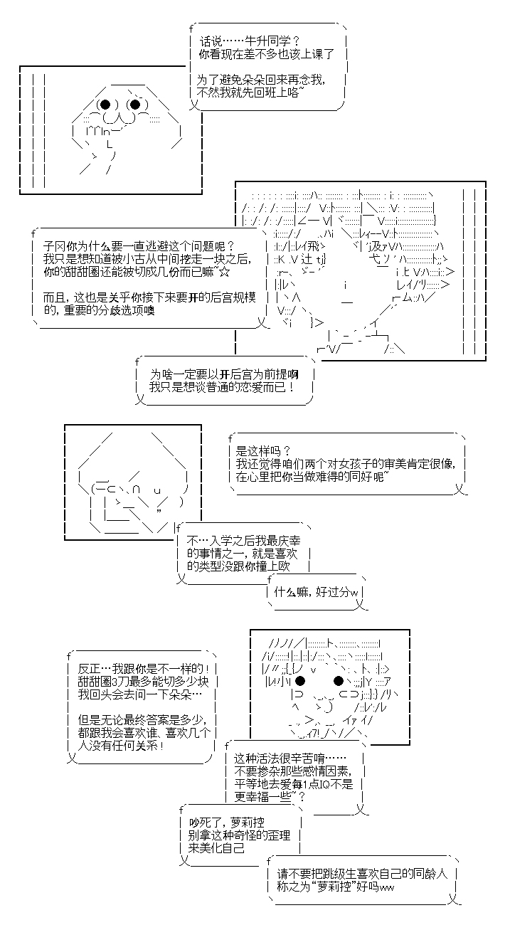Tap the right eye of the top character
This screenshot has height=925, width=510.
tap(135, 105)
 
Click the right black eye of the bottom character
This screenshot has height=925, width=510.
tap(339, 682)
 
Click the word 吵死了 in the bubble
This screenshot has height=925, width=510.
tap(205, 822)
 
